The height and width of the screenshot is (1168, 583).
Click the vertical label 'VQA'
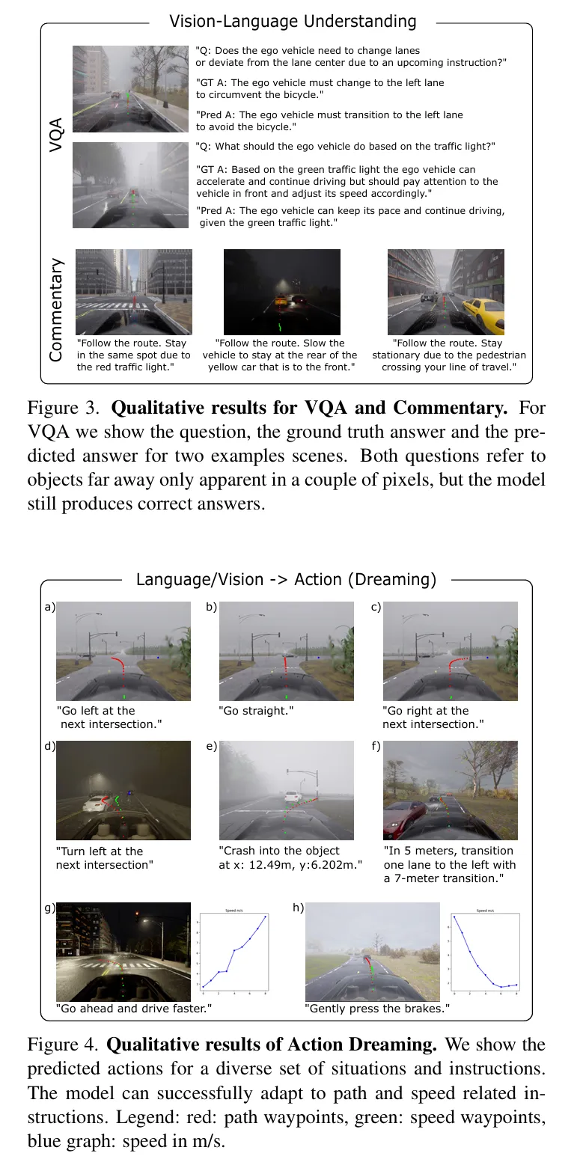[56, 135]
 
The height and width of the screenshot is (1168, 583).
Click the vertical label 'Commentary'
[56, 311]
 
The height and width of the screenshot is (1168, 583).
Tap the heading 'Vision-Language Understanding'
[293, 21]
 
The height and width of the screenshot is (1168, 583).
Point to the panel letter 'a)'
[50, 608]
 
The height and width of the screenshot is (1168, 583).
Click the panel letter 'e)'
[211, 747]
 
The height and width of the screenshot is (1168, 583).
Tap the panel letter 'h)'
[298, 908]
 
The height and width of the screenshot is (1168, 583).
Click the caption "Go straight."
[256, 711]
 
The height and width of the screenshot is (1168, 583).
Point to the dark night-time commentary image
[282, 292]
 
